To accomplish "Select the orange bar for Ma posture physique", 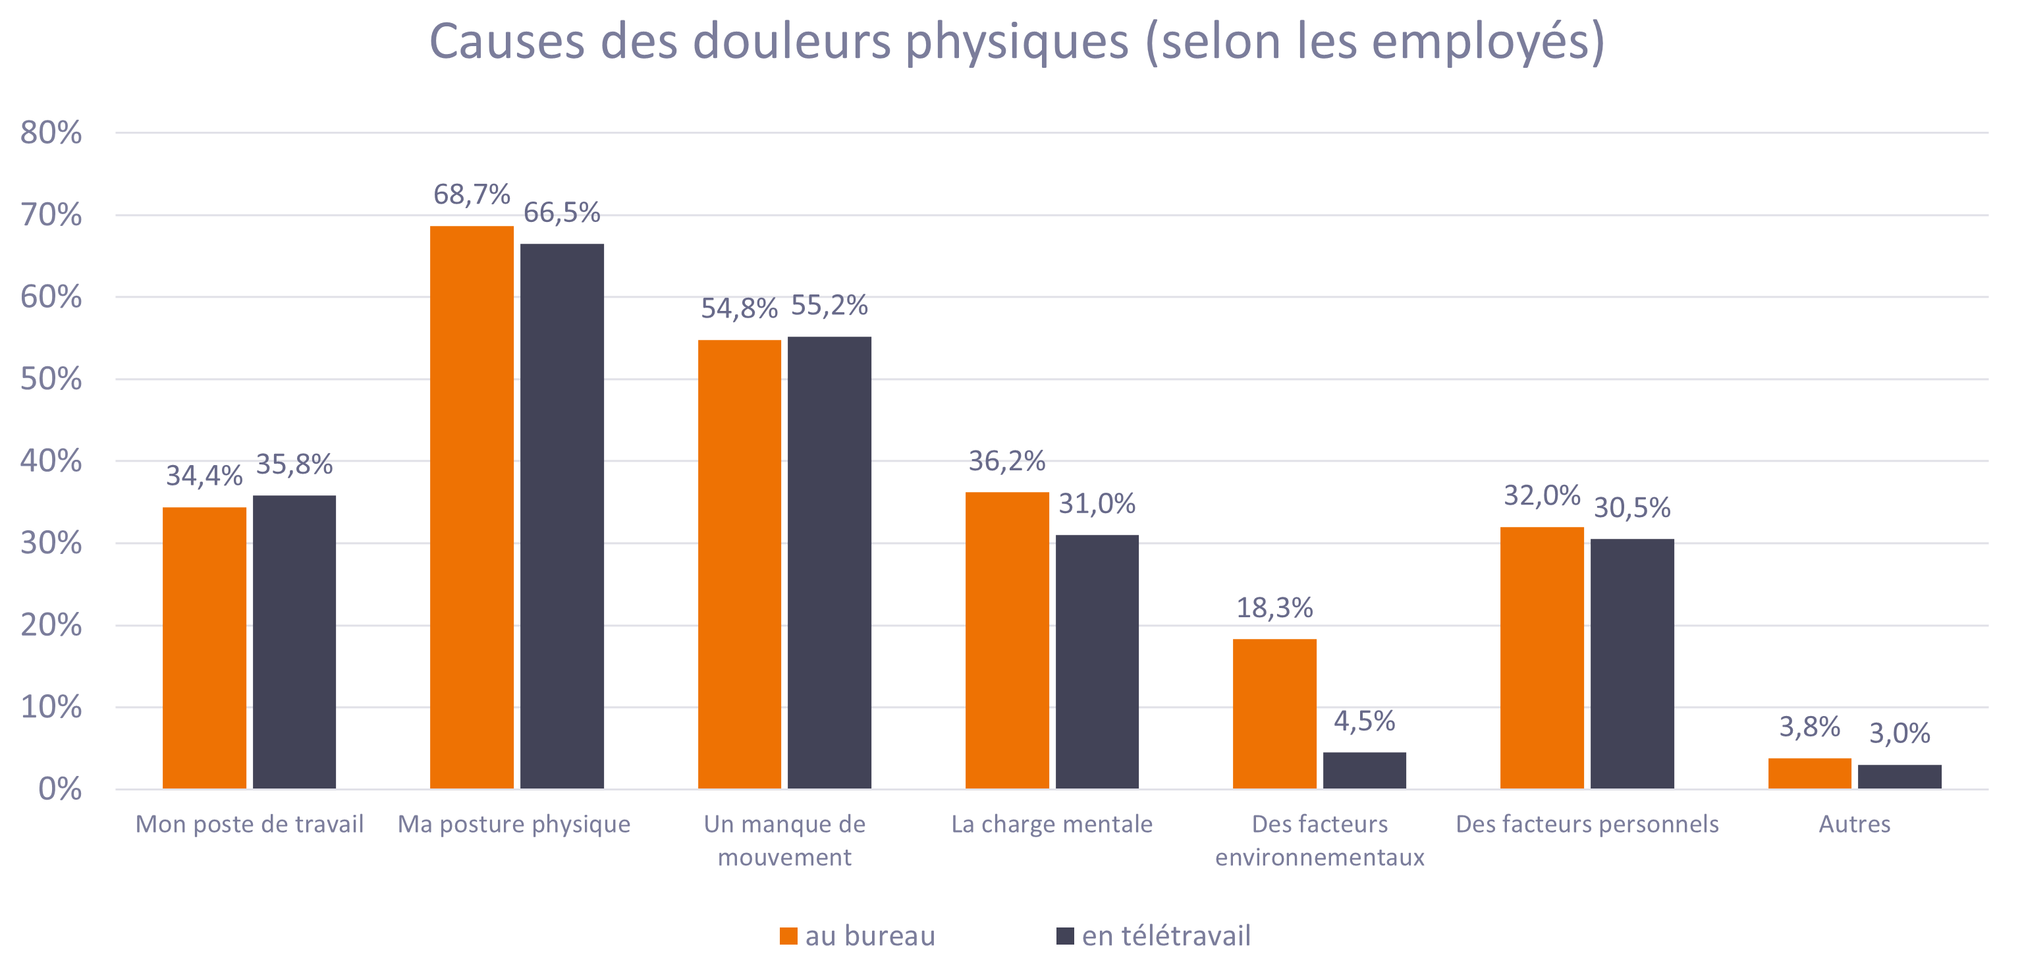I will point(472,507).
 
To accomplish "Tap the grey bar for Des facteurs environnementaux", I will point(1364,770).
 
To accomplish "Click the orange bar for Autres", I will point(1809,773).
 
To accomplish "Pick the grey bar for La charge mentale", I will point(1097,661).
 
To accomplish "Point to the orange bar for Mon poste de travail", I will point(204,648).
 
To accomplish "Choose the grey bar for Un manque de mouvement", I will point(829,563).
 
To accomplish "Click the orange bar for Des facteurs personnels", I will point(1542,658).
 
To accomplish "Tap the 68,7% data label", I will point(472,194).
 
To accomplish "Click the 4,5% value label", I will point(1364,721).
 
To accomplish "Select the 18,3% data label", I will point(1274,607).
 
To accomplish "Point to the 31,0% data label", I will point(1097,503).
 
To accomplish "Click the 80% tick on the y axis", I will point(51,132).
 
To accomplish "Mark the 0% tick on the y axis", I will point(60,789).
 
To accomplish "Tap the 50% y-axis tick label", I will point(51,379).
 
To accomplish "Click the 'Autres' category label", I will point(1854,824).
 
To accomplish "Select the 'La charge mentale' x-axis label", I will point(1052,824).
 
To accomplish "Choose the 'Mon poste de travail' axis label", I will point(250,824).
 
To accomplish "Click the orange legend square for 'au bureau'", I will point(788,935).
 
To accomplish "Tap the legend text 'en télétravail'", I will point(1166,935).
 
